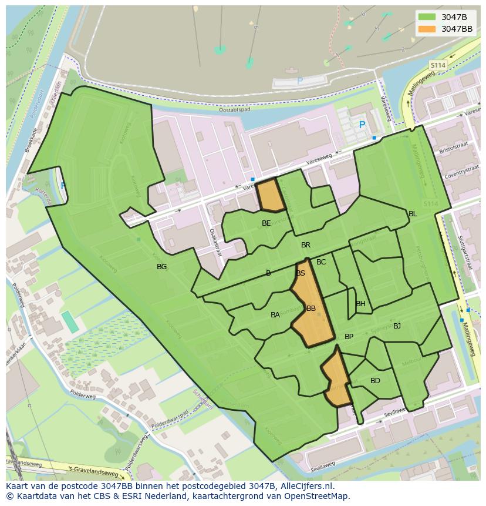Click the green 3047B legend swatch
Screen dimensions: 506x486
point(427,16)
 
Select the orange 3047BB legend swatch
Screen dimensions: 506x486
point(427,28)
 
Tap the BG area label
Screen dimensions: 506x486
point(161,267)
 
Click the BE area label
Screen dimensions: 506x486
point(266,223)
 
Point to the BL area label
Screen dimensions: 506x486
point(413,214)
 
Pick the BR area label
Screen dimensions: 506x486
point(306,245)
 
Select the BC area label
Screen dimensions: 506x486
point(321,262)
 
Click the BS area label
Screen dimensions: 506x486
point(301,273)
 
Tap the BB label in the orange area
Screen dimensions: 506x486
point(311,309)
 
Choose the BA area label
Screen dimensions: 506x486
point(275,315)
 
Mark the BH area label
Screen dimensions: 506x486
point(360,304)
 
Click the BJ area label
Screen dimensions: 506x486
point(397,326)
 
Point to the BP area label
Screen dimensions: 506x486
point(349,337)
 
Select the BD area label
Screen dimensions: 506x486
point(375,381)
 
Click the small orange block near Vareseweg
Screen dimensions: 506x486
point(271,196)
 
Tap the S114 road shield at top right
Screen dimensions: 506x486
point(438,65)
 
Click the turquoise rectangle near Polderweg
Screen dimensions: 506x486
point(70,321)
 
